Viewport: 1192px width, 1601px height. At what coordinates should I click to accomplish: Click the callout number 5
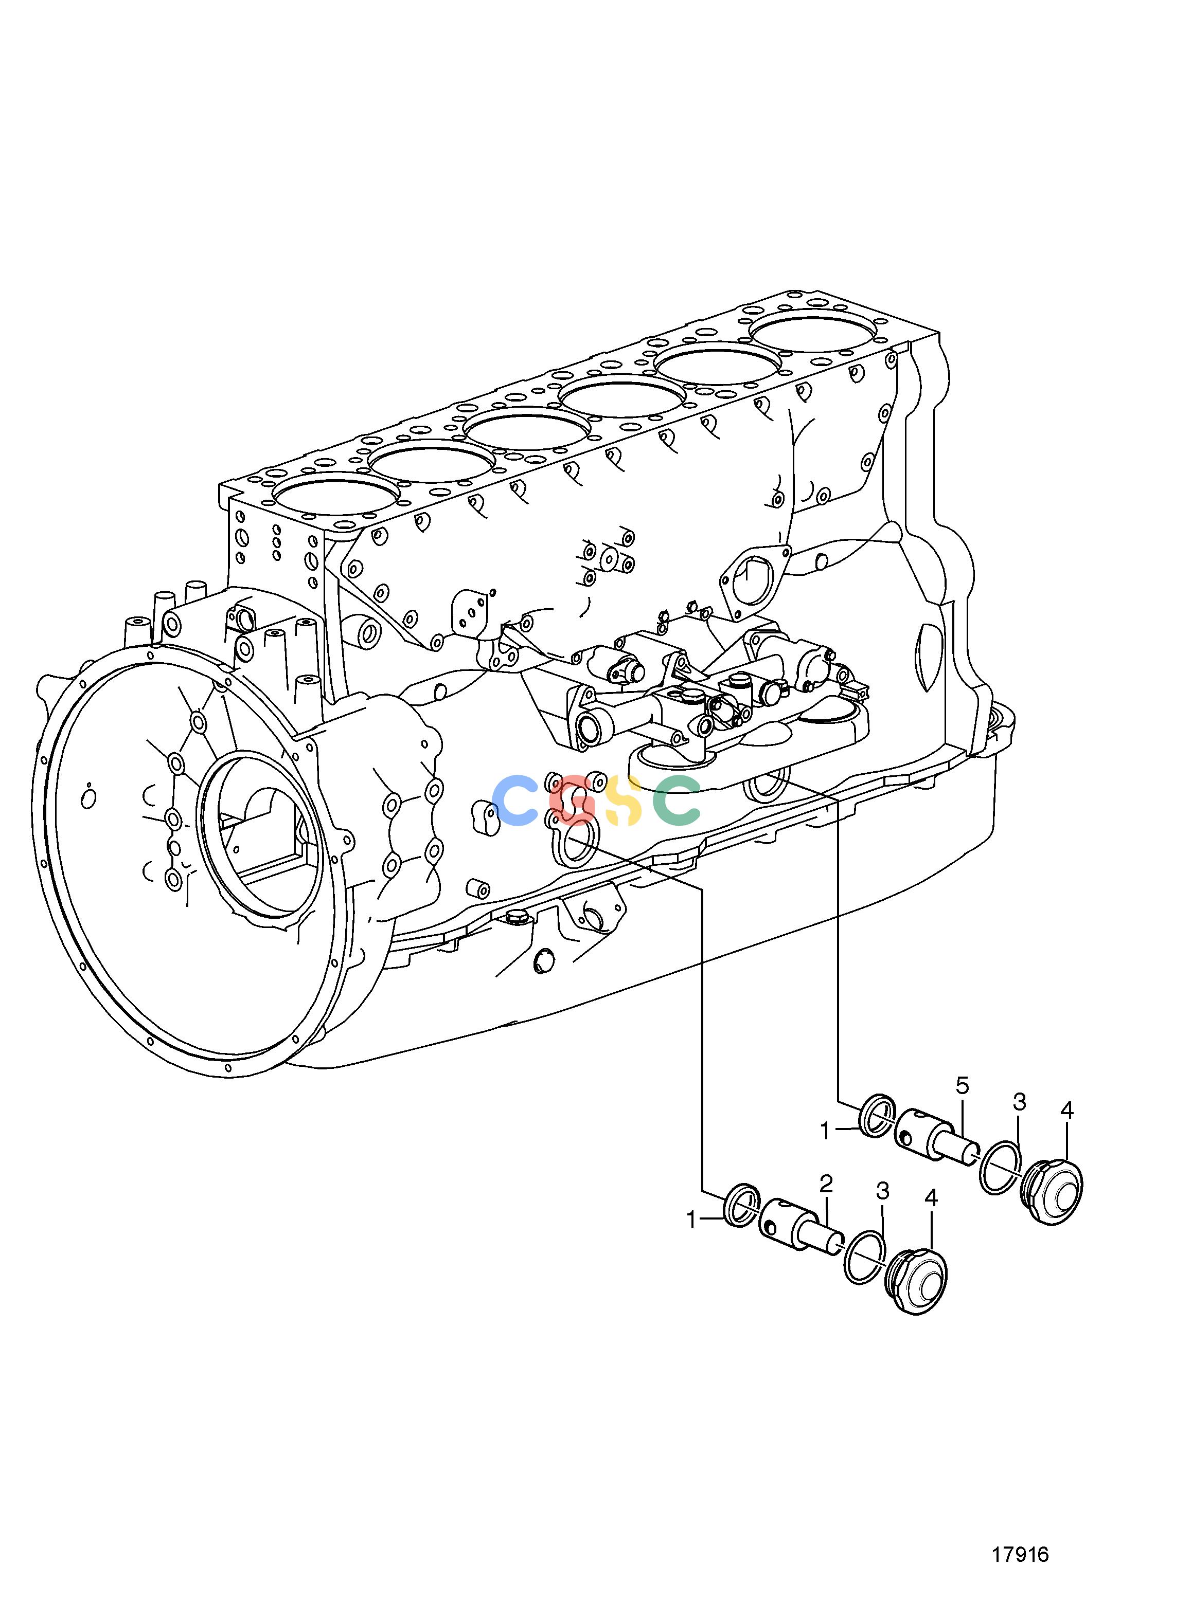click(962, 1105)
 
